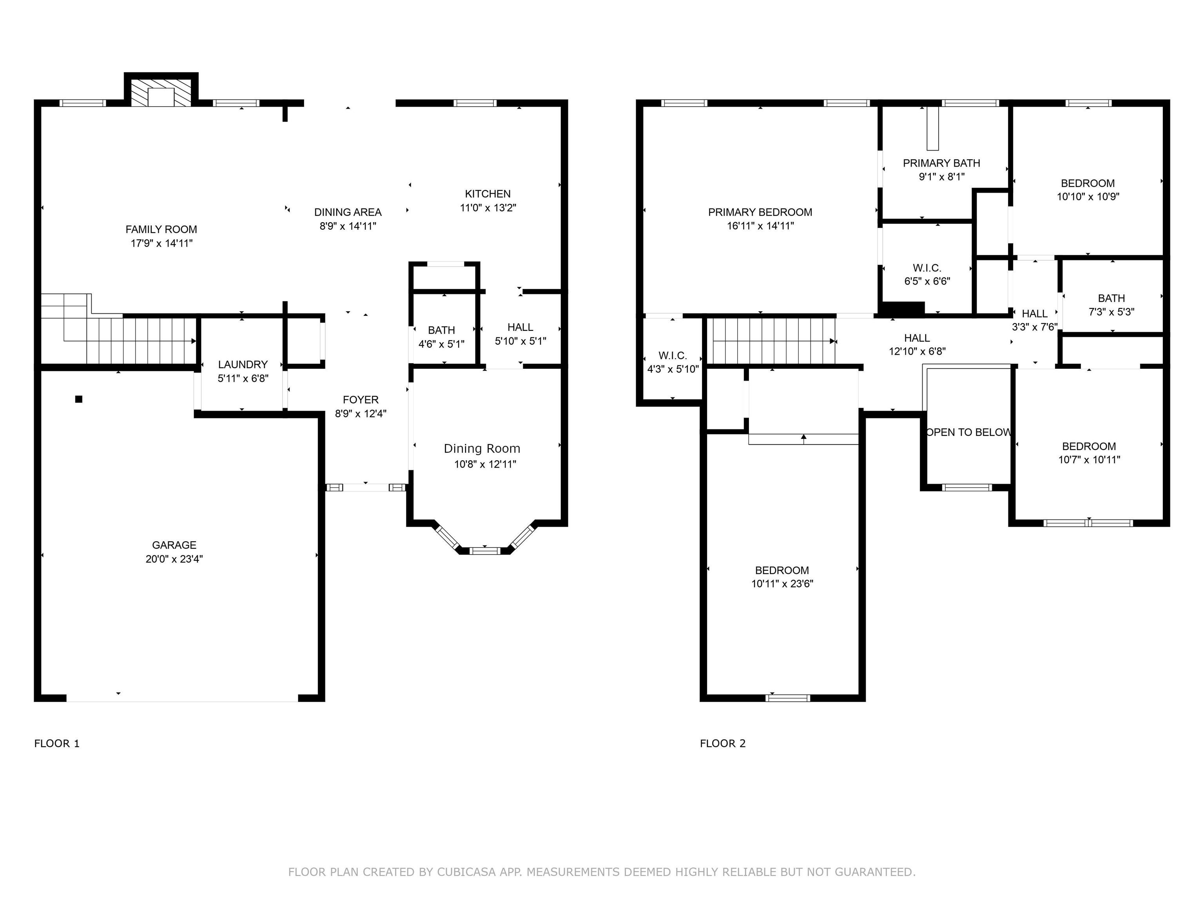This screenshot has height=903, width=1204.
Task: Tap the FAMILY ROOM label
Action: tap(161, 230)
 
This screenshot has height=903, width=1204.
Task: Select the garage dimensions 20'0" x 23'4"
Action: tap(174, 559)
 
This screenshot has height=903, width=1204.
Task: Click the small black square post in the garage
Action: tap(79, 399)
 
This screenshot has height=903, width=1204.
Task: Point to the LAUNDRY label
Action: tap(243, 364)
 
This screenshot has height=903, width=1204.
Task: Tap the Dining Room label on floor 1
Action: tap(482, 448)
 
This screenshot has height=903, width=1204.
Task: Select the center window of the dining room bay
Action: tap(484, 551)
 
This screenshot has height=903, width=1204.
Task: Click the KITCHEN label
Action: tap(488, 194)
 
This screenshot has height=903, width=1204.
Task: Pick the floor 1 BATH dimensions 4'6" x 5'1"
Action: tap(441, 345)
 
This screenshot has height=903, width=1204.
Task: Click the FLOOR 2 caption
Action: tap(722, 743)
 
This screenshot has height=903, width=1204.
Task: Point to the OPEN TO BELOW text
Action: tap(968, 433)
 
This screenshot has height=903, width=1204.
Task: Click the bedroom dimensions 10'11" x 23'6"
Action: tap(782, 584)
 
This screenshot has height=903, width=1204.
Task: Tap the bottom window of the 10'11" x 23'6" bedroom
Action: tap(788, 698)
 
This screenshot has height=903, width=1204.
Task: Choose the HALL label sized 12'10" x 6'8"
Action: tap(917, 338)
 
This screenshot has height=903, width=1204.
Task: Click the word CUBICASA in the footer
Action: tap(466, 872)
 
